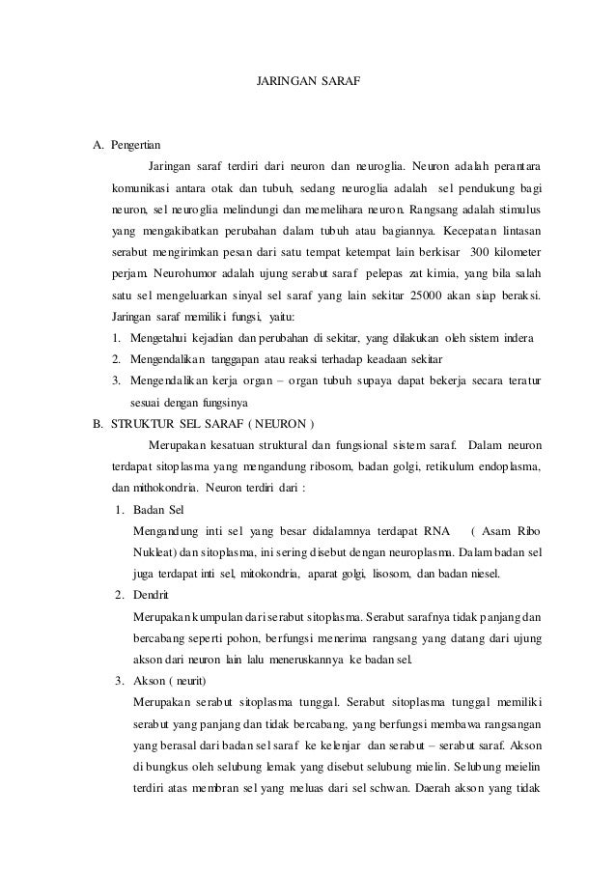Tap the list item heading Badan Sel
[160, 509]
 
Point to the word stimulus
[518, 210]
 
